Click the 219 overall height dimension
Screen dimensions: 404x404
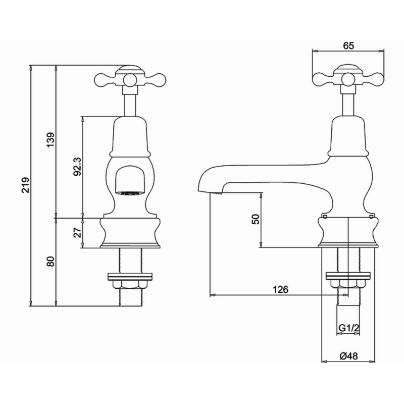(x=26, y=185)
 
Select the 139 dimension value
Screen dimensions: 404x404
(x=51, y=140)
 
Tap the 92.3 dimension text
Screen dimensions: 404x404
(x=77, y=167)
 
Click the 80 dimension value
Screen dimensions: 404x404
(x=51, y=262)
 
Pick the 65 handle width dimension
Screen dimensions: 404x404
(x=348, y=45)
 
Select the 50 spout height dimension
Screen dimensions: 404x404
(x=256, y=219)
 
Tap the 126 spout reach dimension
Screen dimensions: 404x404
(x=280, y=289)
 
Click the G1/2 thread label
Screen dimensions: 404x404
(x=348, y=328)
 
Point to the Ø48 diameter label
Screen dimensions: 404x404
(x=348, y=356)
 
